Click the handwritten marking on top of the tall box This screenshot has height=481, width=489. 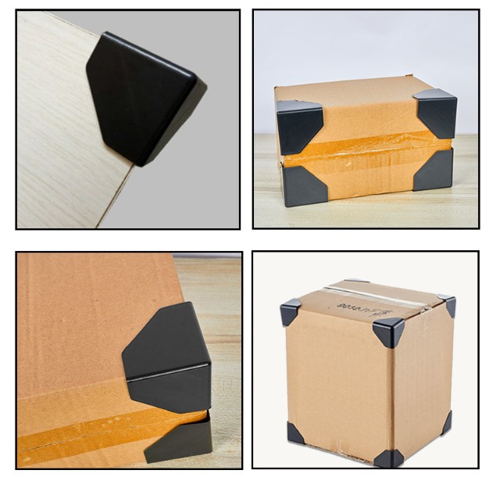(367, 301)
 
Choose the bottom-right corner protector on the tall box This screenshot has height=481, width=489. (446, 423)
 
